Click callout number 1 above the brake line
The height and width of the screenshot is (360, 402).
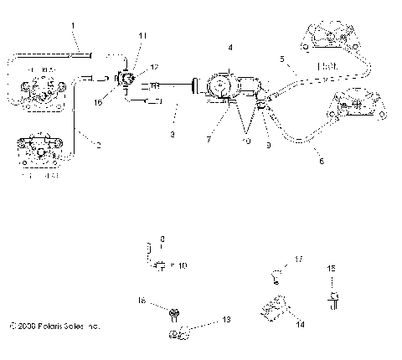pos(73,27)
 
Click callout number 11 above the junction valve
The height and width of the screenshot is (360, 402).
pos(142,35)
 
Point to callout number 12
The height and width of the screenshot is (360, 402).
pos(153,65)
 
